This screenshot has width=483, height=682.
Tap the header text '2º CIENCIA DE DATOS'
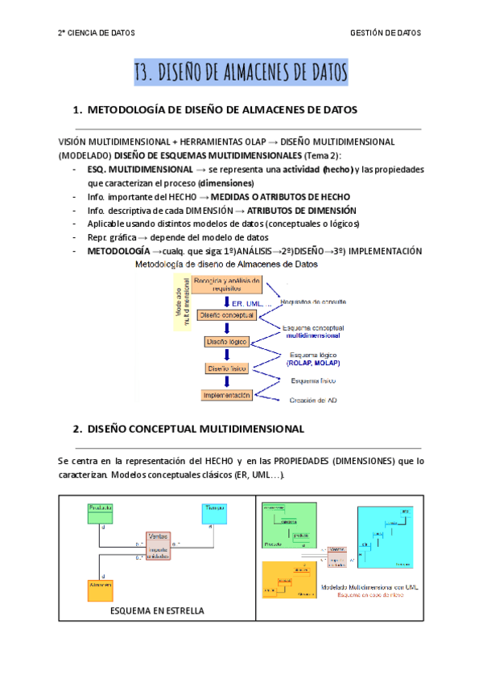coord(97,33)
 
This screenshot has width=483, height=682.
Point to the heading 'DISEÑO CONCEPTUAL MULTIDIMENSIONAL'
coord(195,429)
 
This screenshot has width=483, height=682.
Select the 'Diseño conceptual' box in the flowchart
coord(227,316)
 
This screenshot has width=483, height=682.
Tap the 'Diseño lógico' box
coord(227,342)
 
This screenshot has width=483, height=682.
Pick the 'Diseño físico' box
coord(227,368)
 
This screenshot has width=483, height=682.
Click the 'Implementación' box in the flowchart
coord(227,395)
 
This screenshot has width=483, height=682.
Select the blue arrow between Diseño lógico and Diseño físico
coord(227,355)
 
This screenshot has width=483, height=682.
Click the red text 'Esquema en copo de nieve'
coord(372,596)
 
